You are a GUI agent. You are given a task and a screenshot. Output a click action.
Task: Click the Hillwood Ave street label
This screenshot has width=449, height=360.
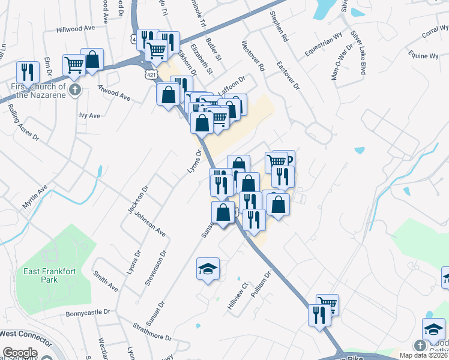76,29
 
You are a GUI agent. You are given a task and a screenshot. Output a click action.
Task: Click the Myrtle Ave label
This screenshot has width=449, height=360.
34,198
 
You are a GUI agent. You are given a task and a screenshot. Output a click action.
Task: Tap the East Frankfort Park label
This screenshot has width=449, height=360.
50,275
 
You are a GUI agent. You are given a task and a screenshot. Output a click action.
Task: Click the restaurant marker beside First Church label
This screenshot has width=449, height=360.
27,73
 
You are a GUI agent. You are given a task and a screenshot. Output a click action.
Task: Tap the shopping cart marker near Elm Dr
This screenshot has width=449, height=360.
74,65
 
